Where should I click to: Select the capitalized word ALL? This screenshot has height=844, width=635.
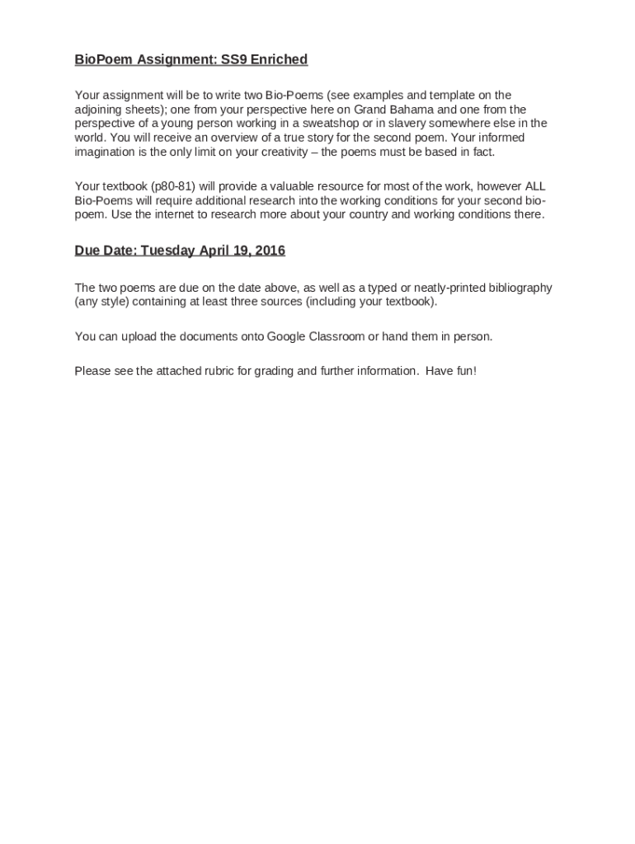pyautogui.click(x=534, y=186)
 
